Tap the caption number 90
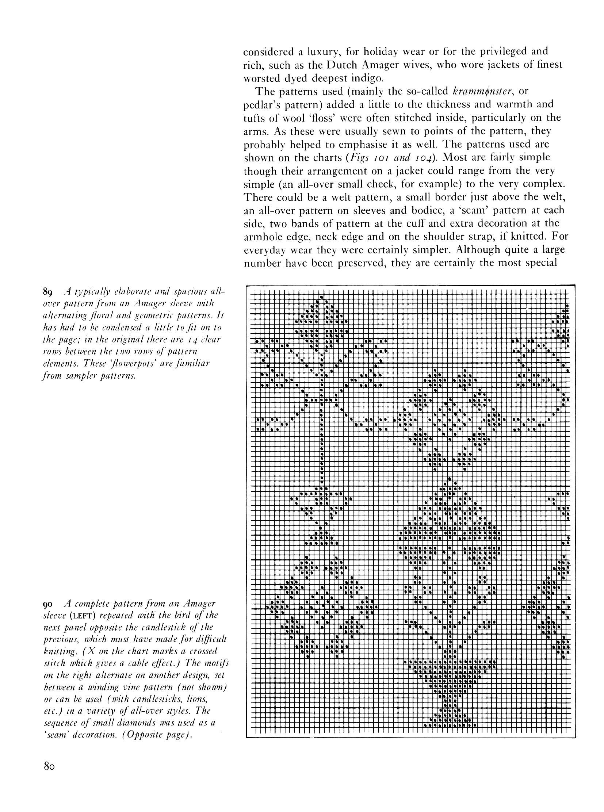point(48,603)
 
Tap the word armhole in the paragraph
point(264,237)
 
